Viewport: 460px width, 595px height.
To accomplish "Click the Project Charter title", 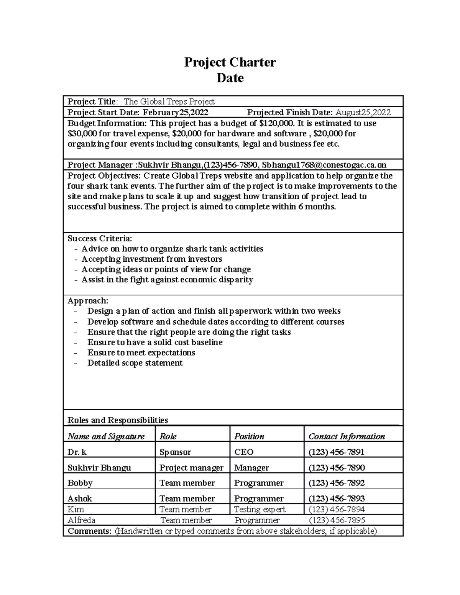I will [230, 62].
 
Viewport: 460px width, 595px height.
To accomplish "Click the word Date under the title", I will [230, 78].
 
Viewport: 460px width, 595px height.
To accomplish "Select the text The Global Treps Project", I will [169, 102].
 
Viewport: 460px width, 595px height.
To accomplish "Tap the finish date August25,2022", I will [363, 112].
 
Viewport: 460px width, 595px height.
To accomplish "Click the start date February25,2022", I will [176, 112].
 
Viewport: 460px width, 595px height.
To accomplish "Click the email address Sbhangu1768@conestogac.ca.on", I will [324, 165].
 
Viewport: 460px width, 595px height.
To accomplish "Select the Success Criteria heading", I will [100, 238].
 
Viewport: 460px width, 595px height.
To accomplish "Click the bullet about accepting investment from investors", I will [152, 259].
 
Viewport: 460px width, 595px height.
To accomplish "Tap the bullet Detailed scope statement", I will [135, 363].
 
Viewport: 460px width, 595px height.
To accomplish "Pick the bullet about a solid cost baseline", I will [155, 342].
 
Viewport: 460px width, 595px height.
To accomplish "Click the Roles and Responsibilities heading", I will [118, 420].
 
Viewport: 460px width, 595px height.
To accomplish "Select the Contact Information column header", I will [347, 436].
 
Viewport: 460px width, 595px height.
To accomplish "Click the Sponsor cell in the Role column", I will [175, 452].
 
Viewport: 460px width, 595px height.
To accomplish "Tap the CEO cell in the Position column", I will [244, 452].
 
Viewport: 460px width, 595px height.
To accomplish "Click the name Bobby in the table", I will [80, 483].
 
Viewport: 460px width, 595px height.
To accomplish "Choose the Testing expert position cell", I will [260, 509].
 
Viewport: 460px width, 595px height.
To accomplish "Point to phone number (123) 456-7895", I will [337, 520].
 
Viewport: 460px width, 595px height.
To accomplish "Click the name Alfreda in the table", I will [81, 520].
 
